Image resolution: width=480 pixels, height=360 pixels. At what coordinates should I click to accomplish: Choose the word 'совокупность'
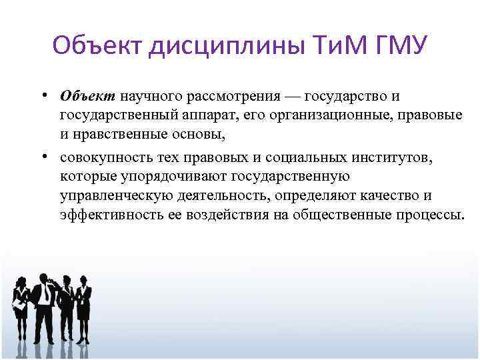[x=102, y=159]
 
